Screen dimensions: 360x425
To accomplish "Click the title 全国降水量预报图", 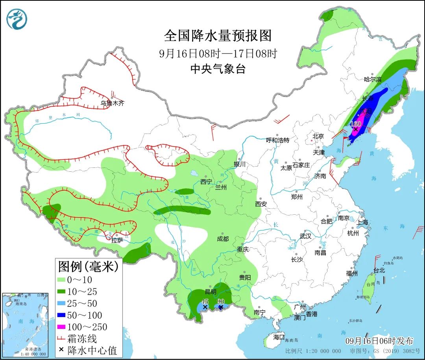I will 218,36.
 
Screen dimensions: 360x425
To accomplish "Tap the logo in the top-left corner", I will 17,19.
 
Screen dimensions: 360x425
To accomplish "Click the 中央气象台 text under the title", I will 218,69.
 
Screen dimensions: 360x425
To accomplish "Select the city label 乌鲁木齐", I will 112,104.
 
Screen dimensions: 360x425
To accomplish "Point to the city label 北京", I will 318,136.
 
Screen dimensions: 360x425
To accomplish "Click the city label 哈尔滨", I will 373,79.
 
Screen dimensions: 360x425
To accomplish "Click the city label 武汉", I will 305,236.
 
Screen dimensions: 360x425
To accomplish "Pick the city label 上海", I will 362,223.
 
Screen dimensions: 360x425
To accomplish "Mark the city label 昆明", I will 211,292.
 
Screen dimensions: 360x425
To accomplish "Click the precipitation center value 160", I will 355,124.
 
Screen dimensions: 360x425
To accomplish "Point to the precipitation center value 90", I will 221,301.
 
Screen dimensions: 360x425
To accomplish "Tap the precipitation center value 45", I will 204,301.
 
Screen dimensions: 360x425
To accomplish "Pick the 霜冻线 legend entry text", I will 82,338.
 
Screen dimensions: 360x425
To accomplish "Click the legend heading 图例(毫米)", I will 88,267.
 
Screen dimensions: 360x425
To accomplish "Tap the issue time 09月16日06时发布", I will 379,341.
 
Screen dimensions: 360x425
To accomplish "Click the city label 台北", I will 379,271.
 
